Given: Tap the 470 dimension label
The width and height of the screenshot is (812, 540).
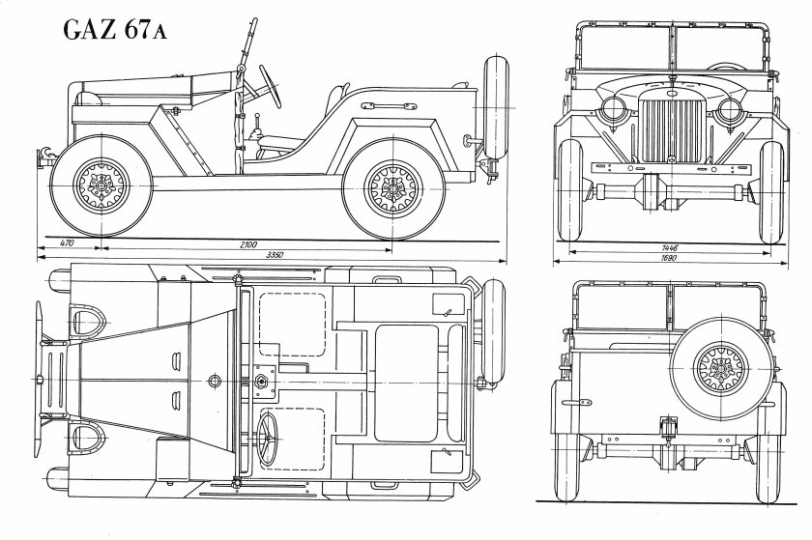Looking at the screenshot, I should click(67, 245).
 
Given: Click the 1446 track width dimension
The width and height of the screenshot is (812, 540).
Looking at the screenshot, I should click(668, 248).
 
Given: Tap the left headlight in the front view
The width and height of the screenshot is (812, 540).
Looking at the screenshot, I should click(615, 108).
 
